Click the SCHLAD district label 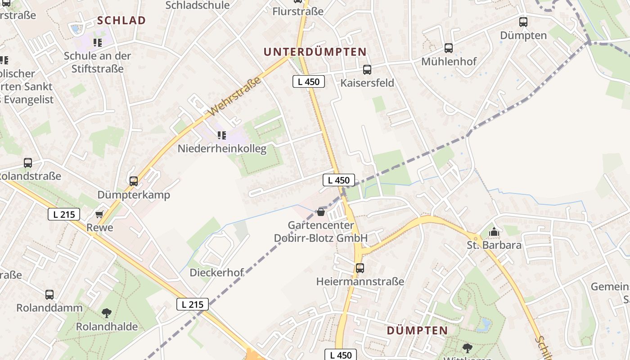121,20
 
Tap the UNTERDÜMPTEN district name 315,52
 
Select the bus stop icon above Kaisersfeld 367,70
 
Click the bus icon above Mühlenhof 449,48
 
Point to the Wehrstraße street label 235,96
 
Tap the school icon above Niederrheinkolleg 221,135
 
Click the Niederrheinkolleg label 222,148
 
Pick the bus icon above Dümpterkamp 134,181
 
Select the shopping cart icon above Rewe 99,215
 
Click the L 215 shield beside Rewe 64,215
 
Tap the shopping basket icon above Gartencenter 321,211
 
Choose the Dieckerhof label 216,272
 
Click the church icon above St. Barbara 494,232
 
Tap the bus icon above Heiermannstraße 360,268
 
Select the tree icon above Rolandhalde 107,313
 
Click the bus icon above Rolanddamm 49,295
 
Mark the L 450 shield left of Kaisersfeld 309,81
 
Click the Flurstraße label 298,11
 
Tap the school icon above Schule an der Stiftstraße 98,43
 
